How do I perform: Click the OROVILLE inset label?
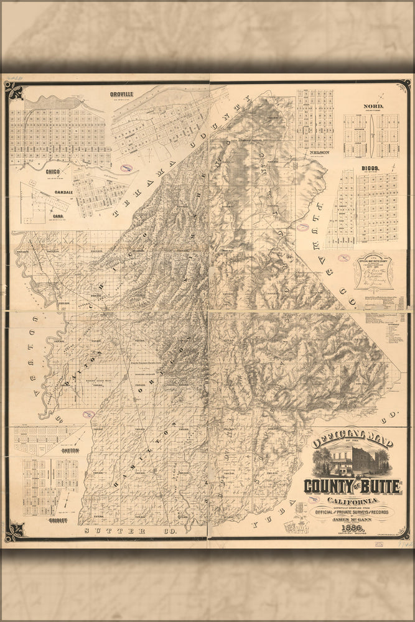pyautogui.click(x=122, y=93)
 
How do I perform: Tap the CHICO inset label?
pyautogui.click(x=52, y=170)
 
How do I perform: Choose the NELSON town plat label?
pyautogui.click(x=314, y=152)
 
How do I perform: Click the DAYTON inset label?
pyautogui.click(x=70, y=449)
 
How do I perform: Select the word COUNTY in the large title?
pyautogui.click(x=325, y=486)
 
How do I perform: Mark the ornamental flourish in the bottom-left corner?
pyautogui.click(x=13, y=532)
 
